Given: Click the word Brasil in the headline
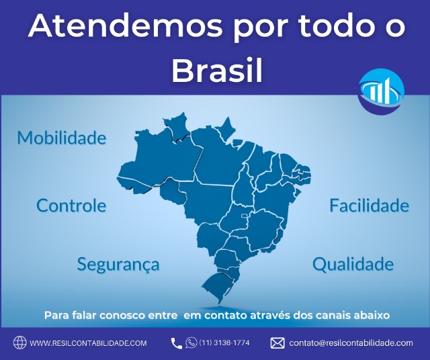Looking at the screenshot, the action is (x=217, y=70).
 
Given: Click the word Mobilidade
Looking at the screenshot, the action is (x=62, y=138).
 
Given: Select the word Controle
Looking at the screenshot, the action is (x=71, y=206).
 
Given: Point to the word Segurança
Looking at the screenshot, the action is (x=118, y=265).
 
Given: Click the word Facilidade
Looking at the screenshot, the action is (x=369, y=206).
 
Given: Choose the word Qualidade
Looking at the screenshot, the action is (x=353, y=264).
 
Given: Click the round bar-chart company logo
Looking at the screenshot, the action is (x=381, y=91).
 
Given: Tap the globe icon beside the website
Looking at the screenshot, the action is (x=20, y=343).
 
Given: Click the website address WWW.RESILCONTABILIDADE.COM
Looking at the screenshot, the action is (x=88, y=343).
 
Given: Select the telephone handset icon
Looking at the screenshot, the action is (x=176, y=343).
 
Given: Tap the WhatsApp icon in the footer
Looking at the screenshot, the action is (x=191, y=343).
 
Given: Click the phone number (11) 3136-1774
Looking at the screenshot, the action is (x=224, y=343).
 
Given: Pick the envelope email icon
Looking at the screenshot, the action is (x=277, y=343).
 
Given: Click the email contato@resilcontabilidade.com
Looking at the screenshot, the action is (x=351, y=343).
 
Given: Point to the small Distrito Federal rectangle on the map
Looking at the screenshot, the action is (x=244, y=216).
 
